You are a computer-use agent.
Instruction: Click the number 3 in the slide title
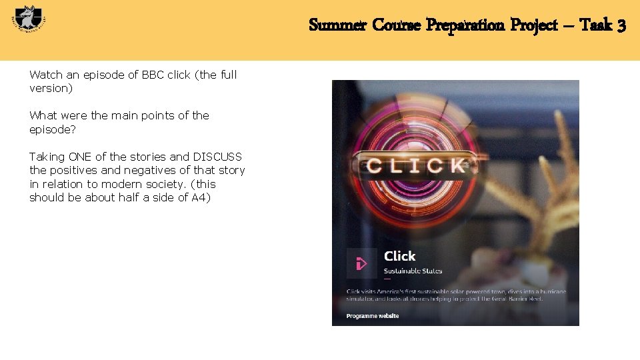tap(621, 25)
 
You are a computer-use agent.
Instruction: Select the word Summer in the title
tap(337, 25)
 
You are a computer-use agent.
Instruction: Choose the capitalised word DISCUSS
tap(217, 157)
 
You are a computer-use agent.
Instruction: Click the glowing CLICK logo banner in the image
tap(415, 165)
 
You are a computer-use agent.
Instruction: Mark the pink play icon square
tap(361, 263)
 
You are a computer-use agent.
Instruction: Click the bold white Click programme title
tap(399, 256)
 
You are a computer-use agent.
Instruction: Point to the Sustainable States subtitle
tap(413, 271)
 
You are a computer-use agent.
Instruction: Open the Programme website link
tap(373, 316)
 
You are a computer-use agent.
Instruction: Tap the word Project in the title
tap(534, 25)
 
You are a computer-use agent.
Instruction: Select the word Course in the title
tap(397, 25)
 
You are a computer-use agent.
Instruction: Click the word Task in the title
tap(594, 25)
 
